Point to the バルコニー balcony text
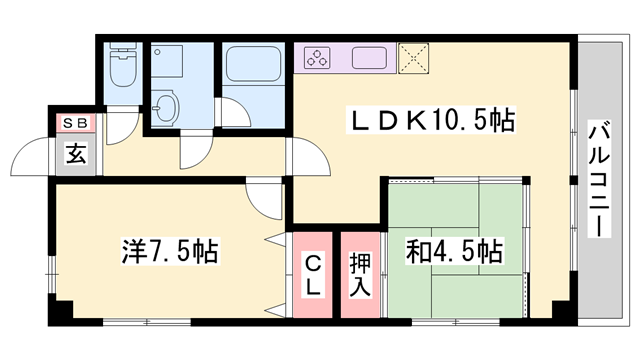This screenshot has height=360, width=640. [600, 178]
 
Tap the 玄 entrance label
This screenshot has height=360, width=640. [76, 154]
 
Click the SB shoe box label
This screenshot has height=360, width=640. [76, 124]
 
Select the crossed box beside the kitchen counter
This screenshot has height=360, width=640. [412, 57]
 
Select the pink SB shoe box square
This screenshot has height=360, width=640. [76, 124]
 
